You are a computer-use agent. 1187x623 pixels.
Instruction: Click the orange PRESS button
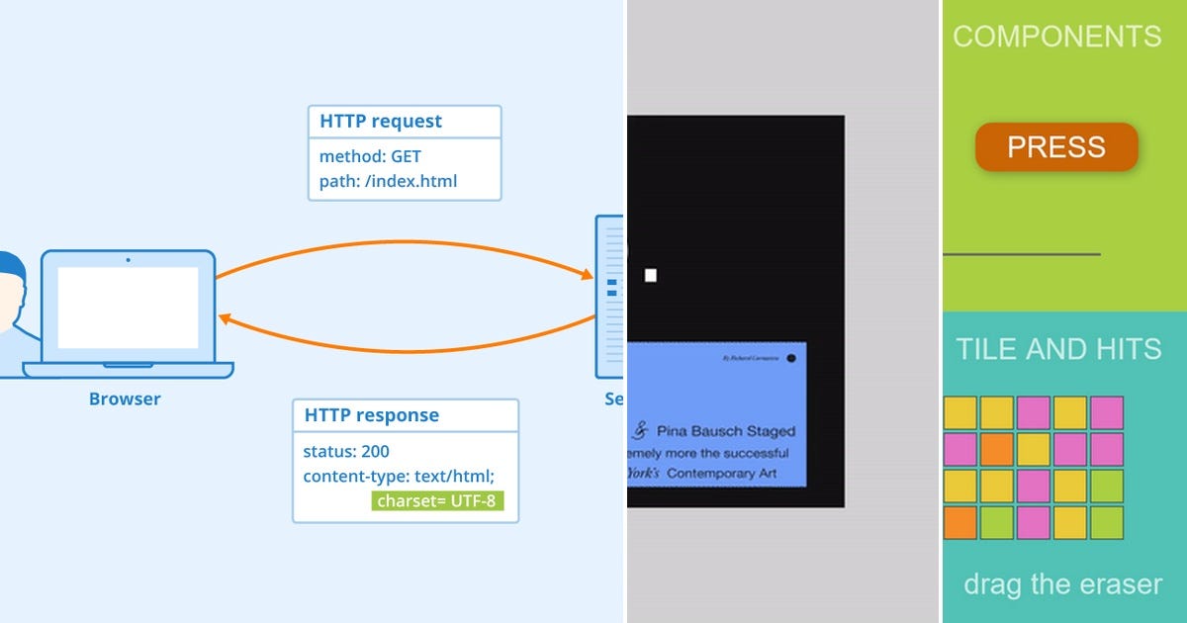[x=1055, y=147]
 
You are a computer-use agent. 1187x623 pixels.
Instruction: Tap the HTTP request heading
[x=381, y=122]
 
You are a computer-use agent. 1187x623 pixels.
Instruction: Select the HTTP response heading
[x=371, y=415]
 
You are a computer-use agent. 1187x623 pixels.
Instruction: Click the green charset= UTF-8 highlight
[x=437, y=500]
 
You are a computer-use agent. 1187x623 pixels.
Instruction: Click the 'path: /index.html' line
[x=388, y=181]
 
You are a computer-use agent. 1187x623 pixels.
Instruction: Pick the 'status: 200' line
[x=346, y=452]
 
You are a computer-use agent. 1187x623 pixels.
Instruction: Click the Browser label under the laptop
[x=125, y=400]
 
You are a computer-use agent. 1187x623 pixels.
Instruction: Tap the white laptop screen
[x=128, y=307]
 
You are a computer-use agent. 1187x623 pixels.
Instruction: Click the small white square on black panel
[x=651, y=276]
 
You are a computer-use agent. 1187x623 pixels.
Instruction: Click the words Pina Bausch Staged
[x=725, y=431]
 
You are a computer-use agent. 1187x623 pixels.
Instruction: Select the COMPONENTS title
[x=1056, y=37]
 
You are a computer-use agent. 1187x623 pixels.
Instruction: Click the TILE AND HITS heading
[x=1057, y=348]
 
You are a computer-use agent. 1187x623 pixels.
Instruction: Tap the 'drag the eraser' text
[x=1062, y=583]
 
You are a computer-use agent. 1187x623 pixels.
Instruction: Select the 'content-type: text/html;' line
[x=399, y=477]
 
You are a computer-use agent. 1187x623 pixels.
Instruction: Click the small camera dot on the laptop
[x=127, y=261]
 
